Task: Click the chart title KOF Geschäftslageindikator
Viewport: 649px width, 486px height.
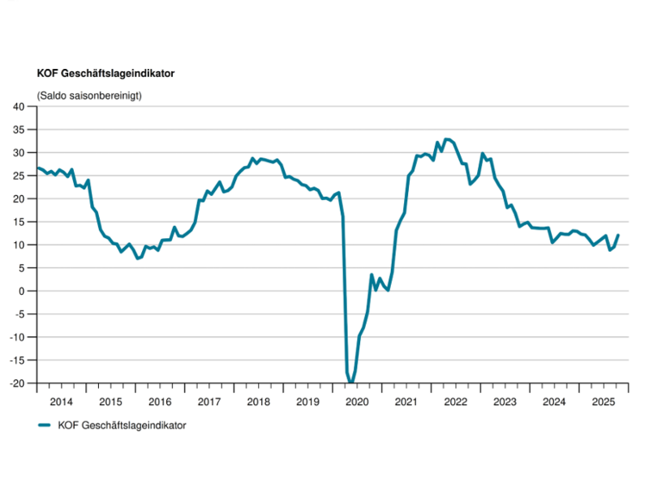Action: [x=106, y=73]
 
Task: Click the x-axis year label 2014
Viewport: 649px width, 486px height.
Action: [x=62, y=401]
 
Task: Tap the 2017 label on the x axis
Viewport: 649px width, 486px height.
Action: [x=209, y=401]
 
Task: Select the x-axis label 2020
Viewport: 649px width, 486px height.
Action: [x=357, y=401]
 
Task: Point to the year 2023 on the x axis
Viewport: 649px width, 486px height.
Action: [x=505, y=401]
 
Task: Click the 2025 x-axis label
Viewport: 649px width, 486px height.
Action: [x=603, y=401]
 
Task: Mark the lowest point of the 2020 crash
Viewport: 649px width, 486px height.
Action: [x=350, y=382]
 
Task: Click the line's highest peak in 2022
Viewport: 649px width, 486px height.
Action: [x=447, y=139]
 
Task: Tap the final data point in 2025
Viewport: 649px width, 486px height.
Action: [x=618, y=235]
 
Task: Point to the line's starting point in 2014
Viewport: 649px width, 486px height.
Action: [x=37, y=168]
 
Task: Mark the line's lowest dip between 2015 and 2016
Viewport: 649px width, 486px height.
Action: [x=138, y=258]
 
